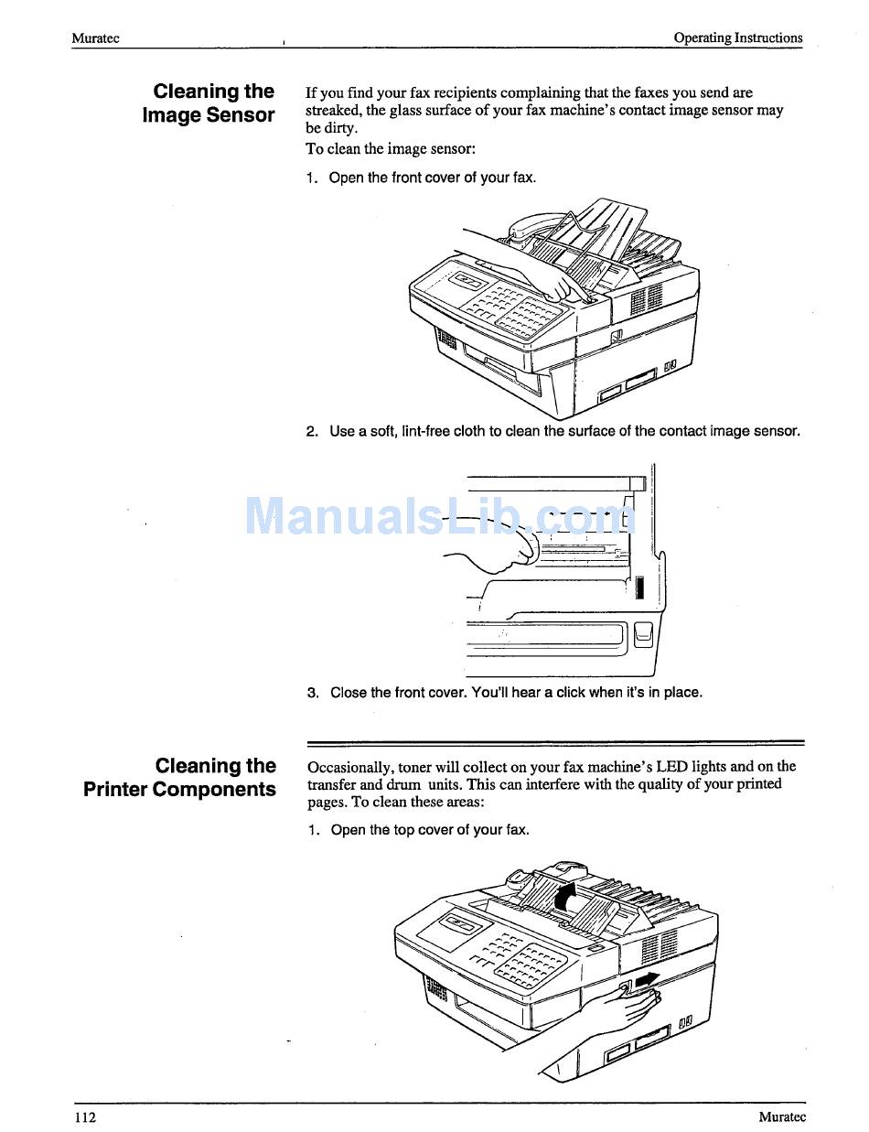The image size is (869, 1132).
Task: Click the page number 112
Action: click(x=85, y=1116)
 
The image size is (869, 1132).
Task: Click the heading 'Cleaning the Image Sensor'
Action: click(x=209, y=103)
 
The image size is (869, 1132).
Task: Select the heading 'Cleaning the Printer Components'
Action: click(x=180, y=778)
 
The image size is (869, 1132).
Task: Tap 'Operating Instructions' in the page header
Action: click(x=737, y=38)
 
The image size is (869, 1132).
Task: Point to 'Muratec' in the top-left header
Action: click(x=95, y=38)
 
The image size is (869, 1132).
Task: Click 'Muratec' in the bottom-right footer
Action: click(x=781, y=1116)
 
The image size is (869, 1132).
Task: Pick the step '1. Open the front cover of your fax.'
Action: click(x=421, y=178)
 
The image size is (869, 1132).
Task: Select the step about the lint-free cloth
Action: click(x=553, y=431)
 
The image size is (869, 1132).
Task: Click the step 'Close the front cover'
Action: click(x=505, y=693)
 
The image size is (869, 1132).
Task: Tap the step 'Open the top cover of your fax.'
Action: click(x=418, y=830)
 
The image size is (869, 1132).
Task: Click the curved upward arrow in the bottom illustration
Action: click(x=567, y=894)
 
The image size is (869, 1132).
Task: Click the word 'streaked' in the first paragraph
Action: click(x=332, y=111)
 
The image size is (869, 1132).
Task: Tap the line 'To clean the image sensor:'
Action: click(x=391, y=149)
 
